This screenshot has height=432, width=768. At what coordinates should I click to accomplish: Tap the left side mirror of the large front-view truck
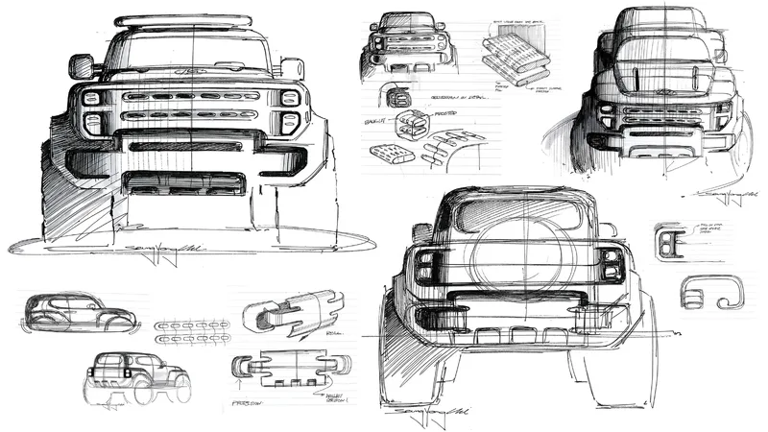[x=82, y=66]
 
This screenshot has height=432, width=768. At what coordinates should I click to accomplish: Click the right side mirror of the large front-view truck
[x=292, y=68]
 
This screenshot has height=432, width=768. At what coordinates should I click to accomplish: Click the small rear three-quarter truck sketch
[x=137, y=375]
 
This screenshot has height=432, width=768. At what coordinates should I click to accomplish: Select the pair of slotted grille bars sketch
[x=192, y=331]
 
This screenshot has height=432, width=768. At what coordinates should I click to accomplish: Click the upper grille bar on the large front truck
[x=192, y=97]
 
